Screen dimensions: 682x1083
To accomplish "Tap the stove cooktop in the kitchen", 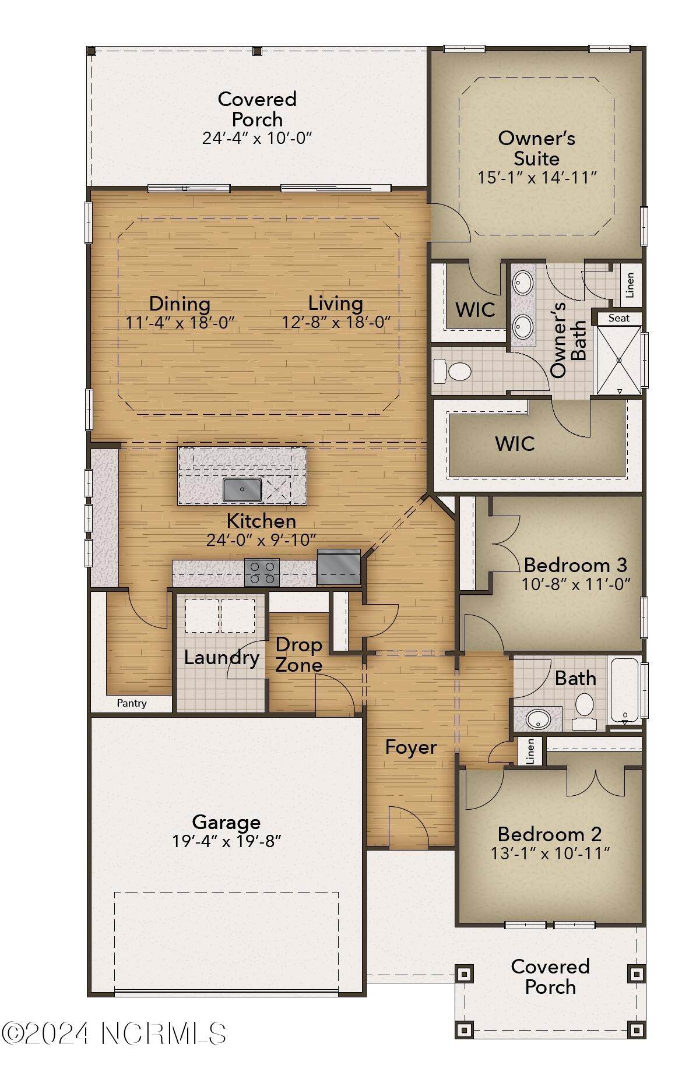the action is [262, 572].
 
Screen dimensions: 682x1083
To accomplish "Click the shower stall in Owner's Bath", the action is [619, 360].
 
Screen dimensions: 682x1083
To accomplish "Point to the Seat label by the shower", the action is [618, 318].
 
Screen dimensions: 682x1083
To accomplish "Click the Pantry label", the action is [132, 703].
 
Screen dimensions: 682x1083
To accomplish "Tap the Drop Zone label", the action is [299, 655].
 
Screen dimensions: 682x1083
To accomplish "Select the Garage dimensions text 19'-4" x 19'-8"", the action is [227, 842].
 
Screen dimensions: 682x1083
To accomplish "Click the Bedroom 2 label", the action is [550, 834].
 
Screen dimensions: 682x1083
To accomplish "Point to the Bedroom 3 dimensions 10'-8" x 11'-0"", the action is [576, 584].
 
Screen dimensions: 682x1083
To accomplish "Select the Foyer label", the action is [411, 747].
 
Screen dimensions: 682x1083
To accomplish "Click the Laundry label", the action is [222, 658].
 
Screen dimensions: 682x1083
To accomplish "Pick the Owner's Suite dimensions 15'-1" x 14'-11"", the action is [537, 178].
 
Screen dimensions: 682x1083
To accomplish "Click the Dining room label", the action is [180, 304].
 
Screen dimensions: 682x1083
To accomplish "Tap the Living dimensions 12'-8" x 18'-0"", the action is [336, 322].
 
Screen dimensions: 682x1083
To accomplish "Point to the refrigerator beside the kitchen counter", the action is [339, 567].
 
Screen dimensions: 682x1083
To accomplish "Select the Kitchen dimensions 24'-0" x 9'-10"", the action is [261, 540].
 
